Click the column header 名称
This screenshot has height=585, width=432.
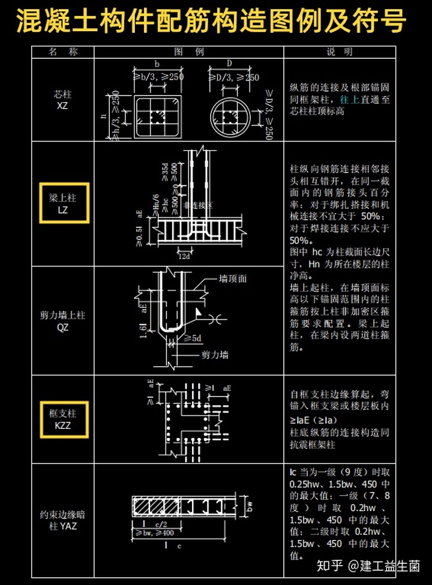[64, 52]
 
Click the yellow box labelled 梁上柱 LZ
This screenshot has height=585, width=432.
[64, 203]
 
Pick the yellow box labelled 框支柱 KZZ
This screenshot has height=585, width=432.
[64, 419]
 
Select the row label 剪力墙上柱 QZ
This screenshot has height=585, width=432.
[63, 321]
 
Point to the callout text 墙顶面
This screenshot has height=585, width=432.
[232, 279]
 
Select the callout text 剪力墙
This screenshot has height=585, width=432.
[215, 355]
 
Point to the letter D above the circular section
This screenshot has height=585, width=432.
[229, 64]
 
